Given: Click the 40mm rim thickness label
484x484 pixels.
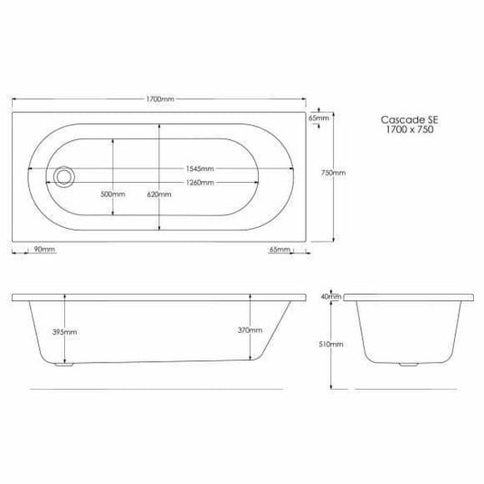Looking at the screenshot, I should click(x=332, y=296).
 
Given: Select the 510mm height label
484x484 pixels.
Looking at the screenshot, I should click(x=334, y=345).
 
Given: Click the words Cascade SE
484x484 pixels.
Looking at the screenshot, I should click(x=400, y=118).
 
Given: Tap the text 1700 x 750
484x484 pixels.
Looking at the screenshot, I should click(x=400, y=130).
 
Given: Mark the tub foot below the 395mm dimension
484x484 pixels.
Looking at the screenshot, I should click(x=62, y=366).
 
